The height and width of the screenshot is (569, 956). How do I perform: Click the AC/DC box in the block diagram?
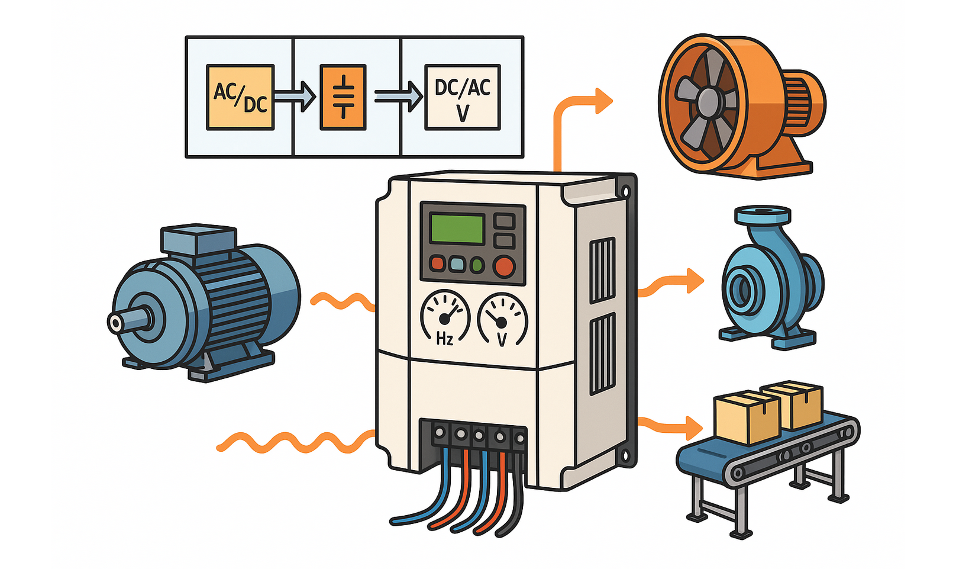240,97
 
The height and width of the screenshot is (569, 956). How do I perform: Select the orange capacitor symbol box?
343,97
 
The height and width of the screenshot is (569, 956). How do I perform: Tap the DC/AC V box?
463,97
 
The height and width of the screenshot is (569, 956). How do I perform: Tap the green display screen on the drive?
457,229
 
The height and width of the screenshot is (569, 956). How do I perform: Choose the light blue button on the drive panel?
457,264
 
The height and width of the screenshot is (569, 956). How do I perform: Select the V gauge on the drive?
502,320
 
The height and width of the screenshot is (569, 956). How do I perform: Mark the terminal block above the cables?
473,436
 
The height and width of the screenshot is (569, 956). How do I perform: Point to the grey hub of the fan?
707,102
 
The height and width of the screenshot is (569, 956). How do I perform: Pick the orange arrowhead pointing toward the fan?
603,101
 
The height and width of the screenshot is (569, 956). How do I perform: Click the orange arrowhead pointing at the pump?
695,280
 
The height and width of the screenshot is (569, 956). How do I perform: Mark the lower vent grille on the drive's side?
603,353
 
